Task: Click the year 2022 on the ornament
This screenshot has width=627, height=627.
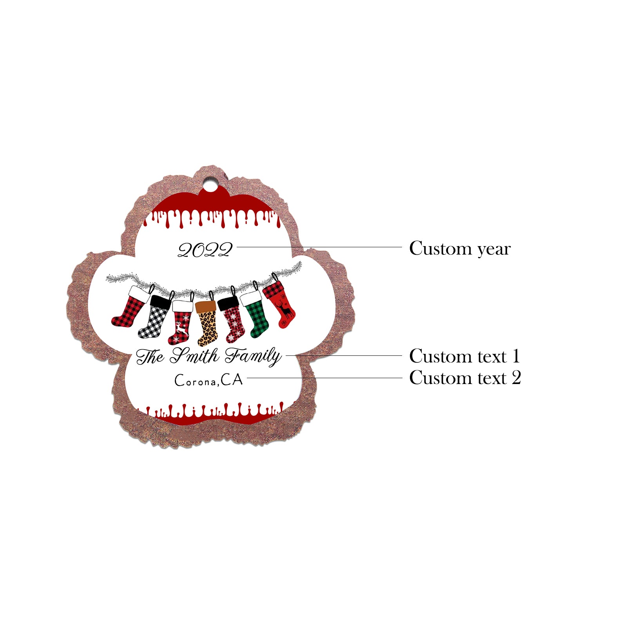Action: (x=205, y=250)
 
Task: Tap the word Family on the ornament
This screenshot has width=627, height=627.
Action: (x=253, y=356)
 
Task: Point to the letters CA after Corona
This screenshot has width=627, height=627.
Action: (x=232, y=379)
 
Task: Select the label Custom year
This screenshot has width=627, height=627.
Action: (x=460, y=248)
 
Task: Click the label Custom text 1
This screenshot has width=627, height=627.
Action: (x=465, y=356)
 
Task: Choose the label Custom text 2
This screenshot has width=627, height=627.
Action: (x=465, y=378)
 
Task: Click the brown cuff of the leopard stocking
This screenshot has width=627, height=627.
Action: (x=206, y=306)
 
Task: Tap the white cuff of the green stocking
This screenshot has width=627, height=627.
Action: (x=251, y=298)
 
